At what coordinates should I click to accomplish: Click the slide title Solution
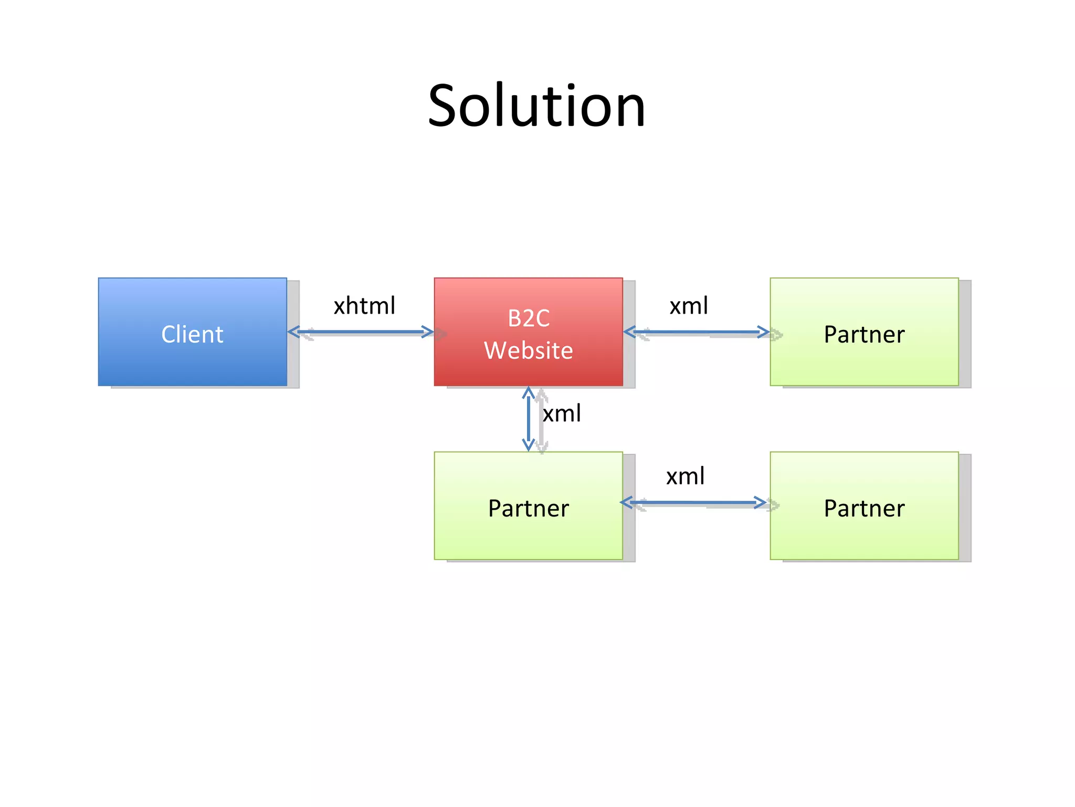tap(536, 106)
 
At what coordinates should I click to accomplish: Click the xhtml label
tap(364, 306)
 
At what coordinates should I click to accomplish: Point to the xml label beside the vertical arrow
tap(562, 414)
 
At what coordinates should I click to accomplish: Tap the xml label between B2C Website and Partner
tap(689, 306)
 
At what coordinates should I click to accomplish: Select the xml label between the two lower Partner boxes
tap(685, 477)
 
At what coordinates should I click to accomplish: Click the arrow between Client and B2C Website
tap(360, 332)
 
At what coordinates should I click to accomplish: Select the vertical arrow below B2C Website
tap(528, 419)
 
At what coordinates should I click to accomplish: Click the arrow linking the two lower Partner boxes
tap(693, 503)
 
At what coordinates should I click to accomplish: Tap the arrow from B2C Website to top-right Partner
tap(696, 332)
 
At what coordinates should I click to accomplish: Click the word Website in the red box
tap(528, 350)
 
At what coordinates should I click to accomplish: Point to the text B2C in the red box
tap(528, 318)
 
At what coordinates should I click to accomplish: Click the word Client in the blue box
tap(192, 335)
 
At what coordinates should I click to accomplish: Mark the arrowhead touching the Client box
tap(294, 332)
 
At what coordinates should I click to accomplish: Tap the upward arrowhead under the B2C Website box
tap(528, 392)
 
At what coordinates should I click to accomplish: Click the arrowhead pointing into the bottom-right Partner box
tap(760, 503)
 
